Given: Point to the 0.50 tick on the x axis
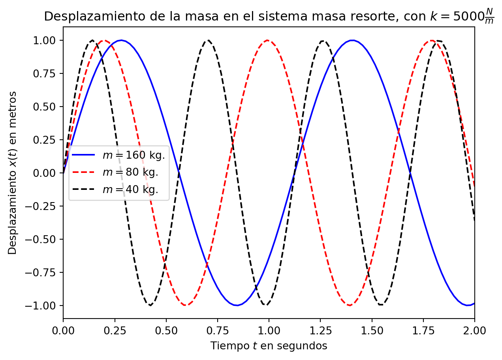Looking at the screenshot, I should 166,318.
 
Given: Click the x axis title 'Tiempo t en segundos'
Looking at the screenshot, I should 269,346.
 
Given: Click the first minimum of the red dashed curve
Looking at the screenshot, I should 184,305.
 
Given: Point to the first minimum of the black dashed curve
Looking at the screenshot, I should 150,305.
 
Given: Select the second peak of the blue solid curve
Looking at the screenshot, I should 352,40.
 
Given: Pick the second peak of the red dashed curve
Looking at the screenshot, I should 268,40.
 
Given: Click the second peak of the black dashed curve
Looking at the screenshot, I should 208,40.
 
